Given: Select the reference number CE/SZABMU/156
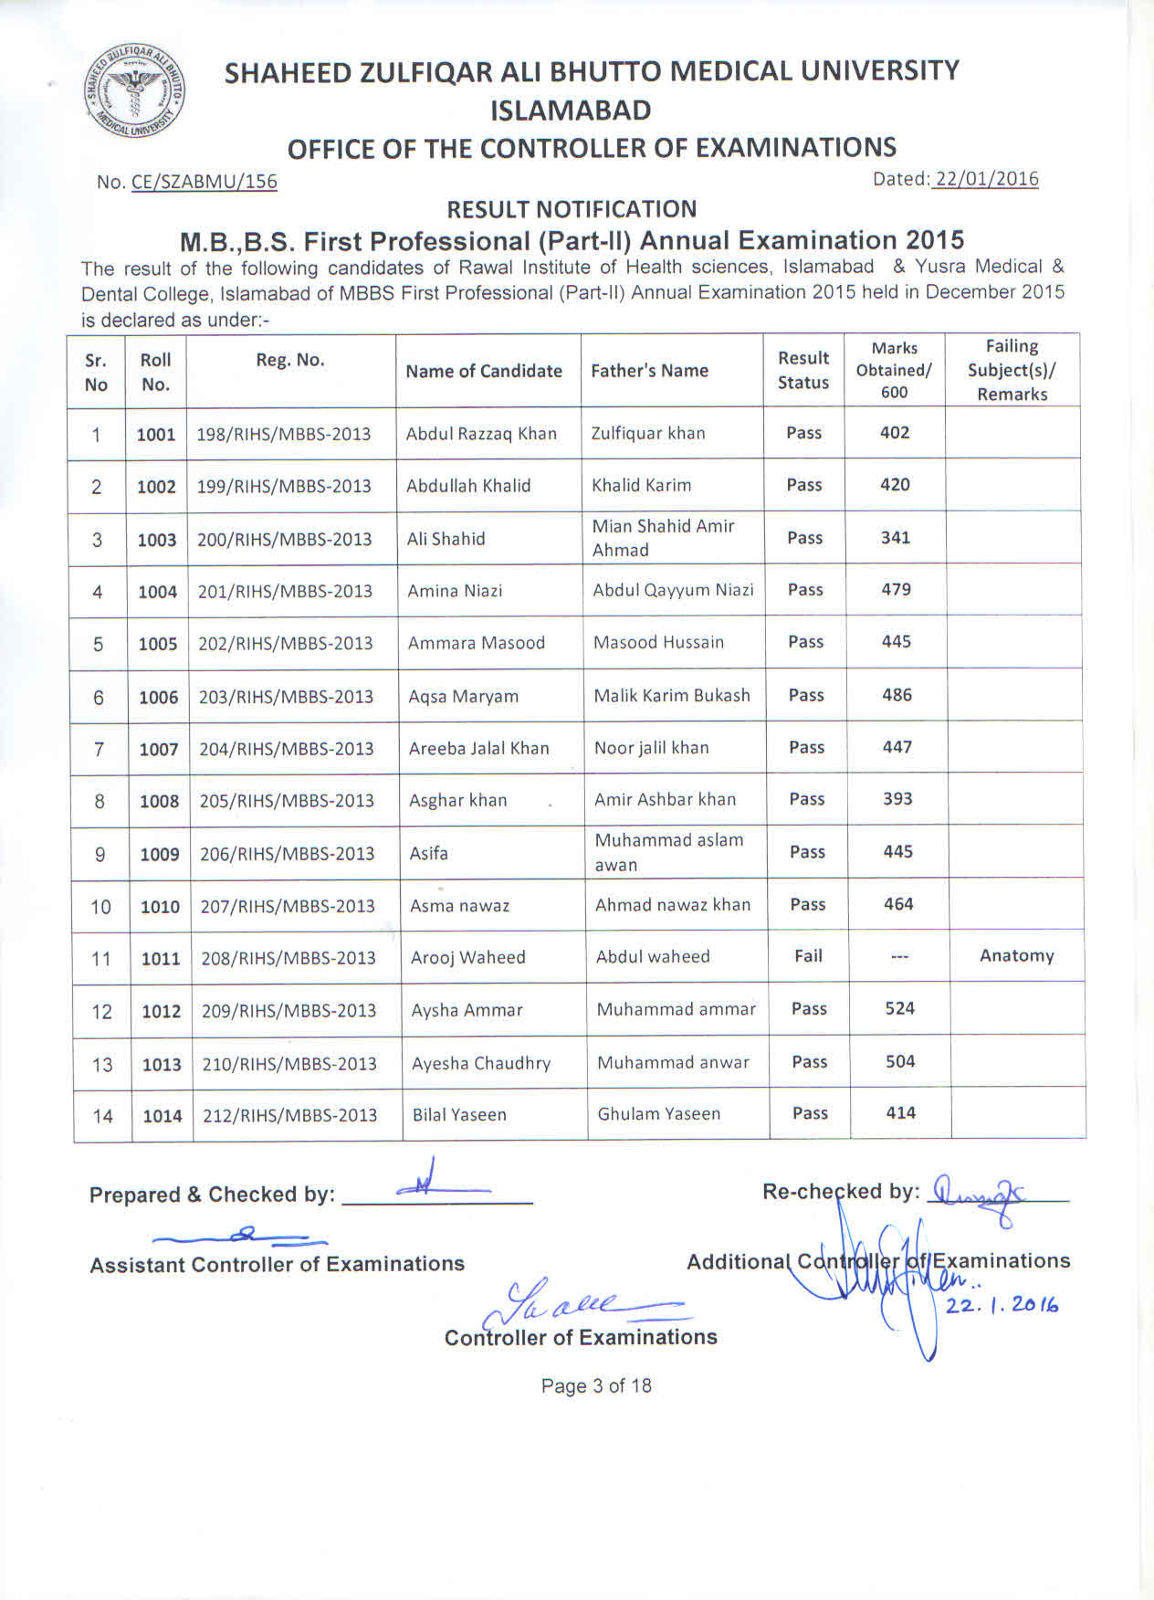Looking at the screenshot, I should point(204,181).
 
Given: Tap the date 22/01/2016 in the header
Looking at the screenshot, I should point(987,179).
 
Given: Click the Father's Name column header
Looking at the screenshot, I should point(649,371).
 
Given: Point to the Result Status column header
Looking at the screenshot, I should point(803,370).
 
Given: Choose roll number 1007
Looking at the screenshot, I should point(159,750).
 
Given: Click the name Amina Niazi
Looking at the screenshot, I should point(455,591).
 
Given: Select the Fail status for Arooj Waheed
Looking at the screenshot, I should point(808,956).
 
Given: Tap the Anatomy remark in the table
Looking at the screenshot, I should point(1016,956).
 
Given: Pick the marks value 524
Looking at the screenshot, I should point(899,1008).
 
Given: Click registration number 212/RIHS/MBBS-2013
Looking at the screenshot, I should point(289,1115).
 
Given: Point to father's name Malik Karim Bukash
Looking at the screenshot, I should point(672,695).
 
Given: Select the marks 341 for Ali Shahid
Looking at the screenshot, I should point(895,538).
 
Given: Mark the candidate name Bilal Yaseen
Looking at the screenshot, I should point(459,1115).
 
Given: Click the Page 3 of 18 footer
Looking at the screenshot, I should point(596,1386).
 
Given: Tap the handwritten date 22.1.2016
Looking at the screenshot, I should point(1002,1306).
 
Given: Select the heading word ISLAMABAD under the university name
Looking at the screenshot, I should point(571,111).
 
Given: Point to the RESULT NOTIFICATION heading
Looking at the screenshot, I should point(572,209).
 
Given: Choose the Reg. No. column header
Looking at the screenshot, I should point(289,360).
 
